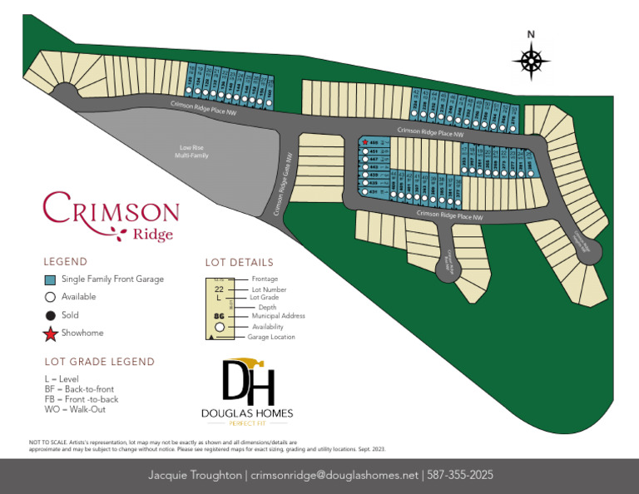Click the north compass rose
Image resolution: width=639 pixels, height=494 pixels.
(532, 61)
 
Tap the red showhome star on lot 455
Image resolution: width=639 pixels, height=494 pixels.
(365, 143)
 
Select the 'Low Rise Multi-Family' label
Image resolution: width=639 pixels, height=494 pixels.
(191, 152)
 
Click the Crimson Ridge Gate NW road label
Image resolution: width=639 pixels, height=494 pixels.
(284, 185)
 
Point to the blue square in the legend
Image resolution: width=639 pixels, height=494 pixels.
(50, 279)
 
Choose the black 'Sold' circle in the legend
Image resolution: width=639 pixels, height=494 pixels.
(50, 315)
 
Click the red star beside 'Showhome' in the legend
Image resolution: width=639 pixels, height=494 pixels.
(50, 334)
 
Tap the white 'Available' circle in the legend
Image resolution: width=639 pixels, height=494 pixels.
(50, 297)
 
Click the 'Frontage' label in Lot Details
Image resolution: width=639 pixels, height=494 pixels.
(265, 279)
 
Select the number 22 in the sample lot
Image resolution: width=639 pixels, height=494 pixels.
(219, 289)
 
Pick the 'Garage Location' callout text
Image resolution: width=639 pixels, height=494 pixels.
(271, 337)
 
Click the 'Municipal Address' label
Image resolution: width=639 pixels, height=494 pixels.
(278, 316)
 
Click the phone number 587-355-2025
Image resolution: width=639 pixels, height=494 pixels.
(461, 476)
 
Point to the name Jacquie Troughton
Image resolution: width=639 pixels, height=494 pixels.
(195, 476)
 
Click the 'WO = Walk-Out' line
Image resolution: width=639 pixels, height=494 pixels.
(75, 408)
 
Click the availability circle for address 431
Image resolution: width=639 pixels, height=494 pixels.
(365, 192)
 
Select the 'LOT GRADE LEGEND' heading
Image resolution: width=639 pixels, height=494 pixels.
(99, 362)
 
